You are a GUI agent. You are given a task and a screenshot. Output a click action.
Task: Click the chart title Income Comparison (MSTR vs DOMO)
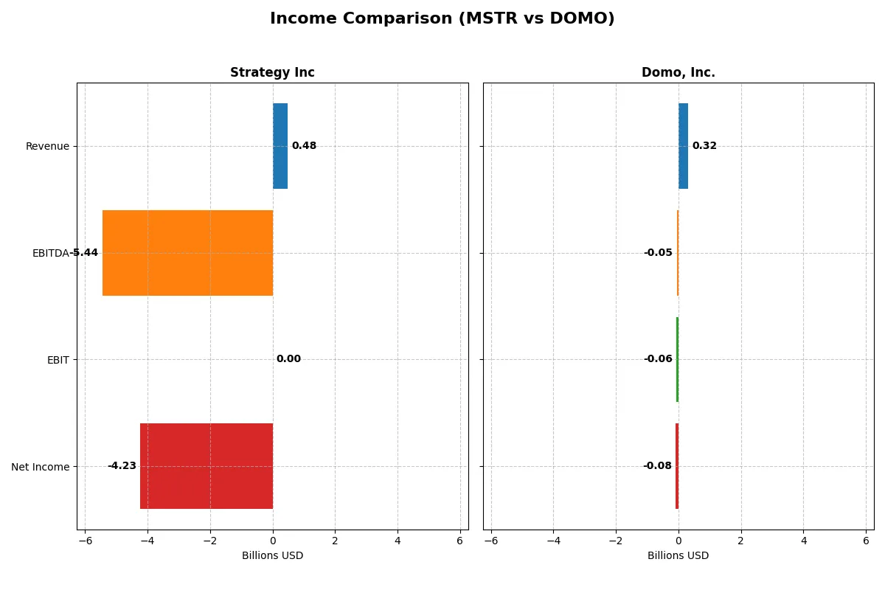click(442, 19)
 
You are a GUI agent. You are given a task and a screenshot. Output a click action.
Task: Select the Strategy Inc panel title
click(272, 73)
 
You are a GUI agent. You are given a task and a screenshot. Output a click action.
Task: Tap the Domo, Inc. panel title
click(678, 73)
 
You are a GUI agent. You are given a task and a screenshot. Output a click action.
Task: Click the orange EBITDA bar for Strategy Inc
click(187, 253)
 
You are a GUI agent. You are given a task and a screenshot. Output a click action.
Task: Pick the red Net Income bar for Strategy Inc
click(206, 466)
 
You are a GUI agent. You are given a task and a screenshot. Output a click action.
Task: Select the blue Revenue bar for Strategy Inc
click(280, 146)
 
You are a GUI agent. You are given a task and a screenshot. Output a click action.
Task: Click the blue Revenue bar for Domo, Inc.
click(683, 146)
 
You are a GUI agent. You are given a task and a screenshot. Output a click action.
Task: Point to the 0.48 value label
click(304, 146)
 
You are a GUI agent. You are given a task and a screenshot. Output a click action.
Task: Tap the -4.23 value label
click(122, 466)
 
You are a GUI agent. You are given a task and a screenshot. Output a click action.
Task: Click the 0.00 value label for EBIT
click(288, 359)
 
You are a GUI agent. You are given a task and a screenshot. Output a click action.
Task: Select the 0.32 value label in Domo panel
click(704, 146)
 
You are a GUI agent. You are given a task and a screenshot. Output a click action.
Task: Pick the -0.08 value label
click(657, 466)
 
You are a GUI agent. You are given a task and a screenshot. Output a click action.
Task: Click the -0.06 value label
click(658, 359)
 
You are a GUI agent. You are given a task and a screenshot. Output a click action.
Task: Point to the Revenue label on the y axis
click(47, 146)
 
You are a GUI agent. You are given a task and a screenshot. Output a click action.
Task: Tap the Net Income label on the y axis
click(41, 466)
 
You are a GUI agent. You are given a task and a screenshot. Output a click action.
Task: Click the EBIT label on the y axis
click(58, 360)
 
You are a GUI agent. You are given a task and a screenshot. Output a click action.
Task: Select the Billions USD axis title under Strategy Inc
click(272, 556)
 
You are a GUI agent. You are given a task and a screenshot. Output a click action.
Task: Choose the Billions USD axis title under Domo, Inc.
click(678, 556)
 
